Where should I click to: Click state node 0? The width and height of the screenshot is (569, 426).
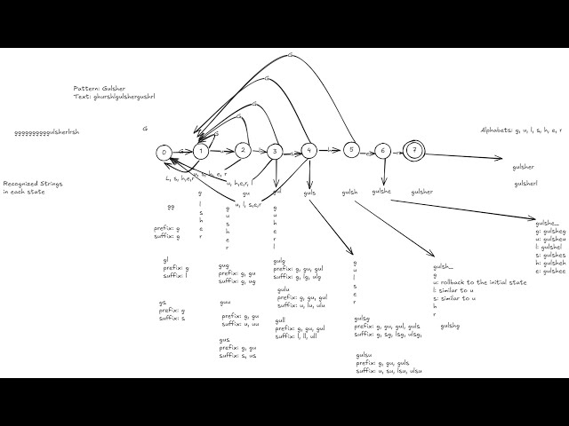(x=164, y=153)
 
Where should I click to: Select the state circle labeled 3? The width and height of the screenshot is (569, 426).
(x=275, y=152)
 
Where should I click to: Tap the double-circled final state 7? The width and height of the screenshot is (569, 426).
(x=415, y=151)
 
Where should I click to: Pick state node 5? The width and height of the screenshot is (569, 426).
(x=351, y=149)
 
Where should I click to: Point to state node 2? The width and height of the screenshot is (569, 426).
(x=243, y=150)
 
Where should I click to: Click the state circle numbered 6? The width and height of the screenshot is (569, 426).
(x=382, y=151)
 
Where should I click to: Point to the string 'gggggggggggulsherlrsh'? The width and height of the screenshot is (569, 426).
(x=47, y=133)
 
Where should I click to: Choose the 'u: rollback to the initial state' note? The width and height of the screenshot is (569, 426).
(x=479, y=282)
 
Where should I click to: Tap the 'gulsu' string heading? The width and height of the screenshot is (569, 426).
(x=365, y=356)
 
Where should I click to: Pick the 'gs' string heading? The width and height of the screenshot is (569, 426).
(x=163, y=303)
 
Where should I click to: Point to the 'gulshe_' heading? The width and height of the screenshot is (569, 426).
(x=547, y=223)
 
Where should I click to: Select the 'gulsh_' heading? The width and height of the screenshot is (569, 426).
(x=443, y=267)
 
